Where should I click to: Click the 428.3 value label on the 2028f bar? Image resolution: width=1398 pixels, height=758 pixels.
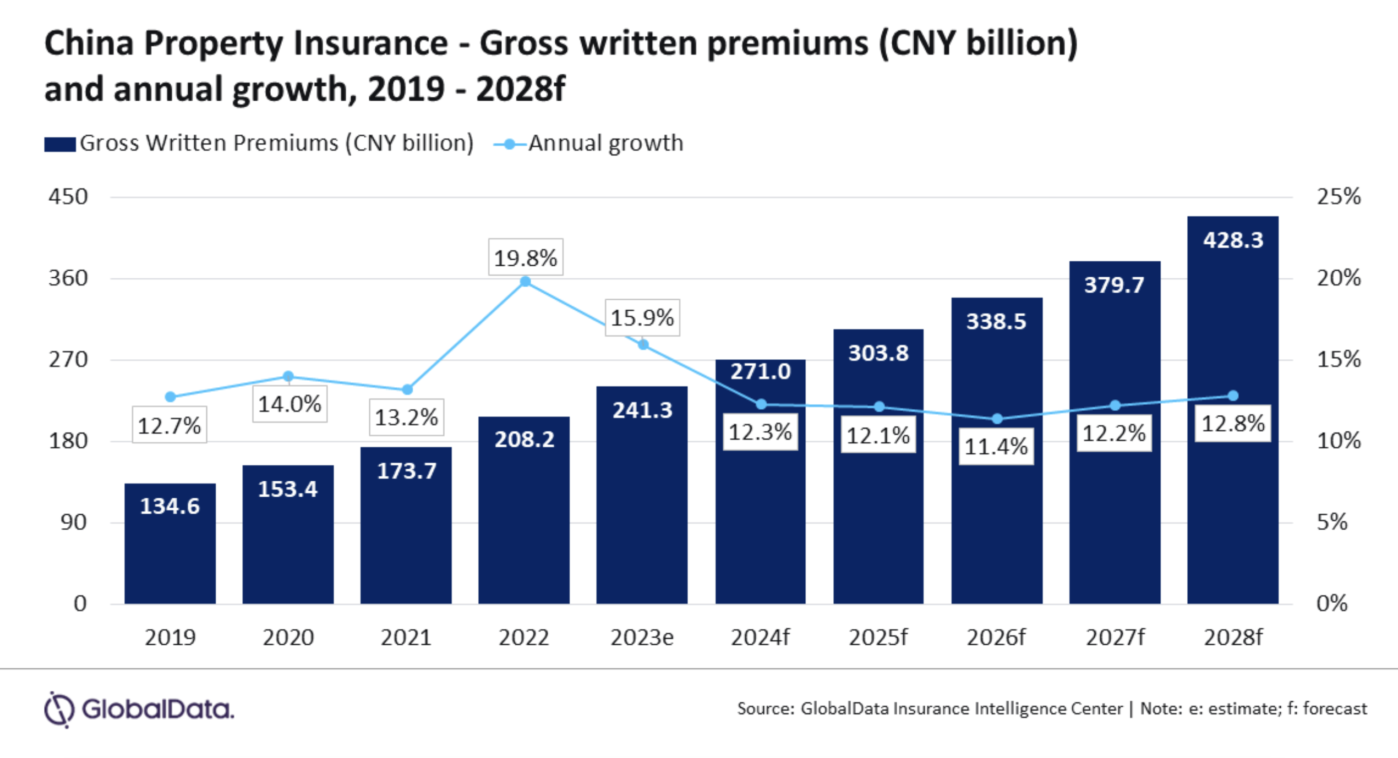pos(1233,240)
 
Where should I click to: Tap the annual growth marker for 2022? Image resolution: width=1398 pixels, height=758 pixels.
pos(525,282)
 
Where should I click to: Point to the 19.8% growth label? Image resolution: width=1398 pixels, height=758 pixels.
pos(525,257)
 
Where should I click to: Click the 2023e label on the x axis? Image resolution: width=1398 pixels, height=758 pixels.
pos(642,638)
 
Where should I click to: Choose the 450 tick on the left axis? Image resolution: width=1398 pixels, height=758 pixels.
pos(68,197)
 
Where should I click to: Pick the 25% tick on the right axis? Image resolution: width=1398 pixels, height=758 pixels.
pos(1338,196)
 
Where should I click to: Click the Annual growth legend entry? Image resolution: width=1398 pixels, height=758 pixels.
pos(605,144)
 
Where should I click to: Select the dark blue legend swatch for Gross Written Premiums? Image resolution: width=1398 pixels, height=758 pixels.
pos(60,145)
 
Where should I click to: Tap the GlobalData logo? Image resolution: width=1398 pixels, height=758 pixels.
pos(139,709)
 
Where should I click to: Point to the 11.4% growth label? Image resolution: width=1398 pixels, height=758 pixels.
pos(996,446)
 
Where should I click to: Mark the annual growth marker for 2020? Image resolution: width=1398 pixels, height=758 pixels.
pos(288,377)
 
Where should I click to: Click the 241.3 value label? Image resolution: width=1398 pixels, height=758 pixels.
pos(642,410)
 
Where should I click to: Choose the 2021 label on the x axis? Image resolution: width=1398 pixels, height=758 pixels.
pos(406,638)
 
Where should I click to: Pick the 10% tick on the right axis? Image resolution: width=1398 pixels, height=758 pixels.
pos(1338,441)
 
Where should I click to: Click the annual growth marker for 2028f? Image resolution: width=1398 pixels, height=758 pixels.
pos(1233,396)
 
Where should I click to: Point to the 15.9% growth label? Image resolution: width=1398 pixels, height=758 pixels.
pos(642,317)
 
